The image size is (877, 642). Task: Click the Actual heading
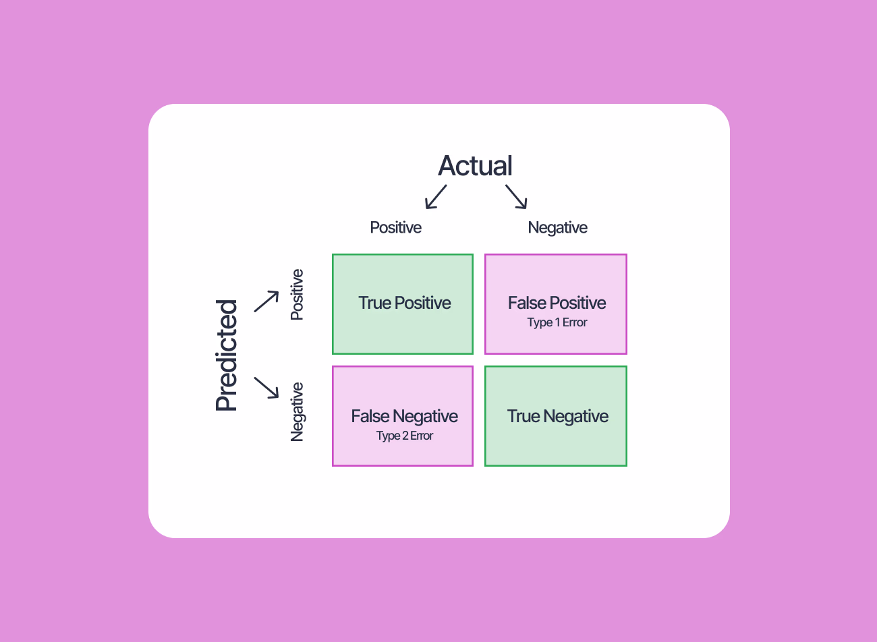475,166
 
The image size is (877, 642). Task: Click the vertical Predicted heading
227,355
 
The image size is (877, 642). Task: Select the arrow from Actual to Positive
436,197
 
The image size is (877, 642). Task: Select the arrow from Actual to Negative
516,197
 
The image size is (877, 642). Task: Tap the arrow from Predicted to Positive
266,301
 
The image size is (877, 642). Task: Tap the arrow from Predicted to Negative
266,388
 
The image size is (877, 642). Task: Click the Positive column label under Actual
395,228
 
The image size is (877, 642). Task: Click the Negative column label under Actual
557,228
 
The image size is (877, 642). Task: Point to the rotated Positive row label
297,295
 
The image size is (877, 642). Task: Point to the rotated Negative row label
297,412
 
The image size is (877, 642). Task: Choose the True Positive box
403,304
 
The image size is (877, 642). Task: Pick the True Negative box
556,416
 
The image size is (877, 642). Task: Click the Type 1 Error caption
557,322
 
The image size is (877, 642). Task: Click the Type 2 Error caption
405,436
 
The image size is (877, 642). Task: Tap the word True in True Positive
375,303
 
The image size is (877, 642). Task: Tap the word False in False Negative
370,416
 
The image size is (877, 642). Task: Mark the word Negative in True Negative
576,416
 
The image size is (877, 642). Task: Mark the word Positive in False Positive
577,303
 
